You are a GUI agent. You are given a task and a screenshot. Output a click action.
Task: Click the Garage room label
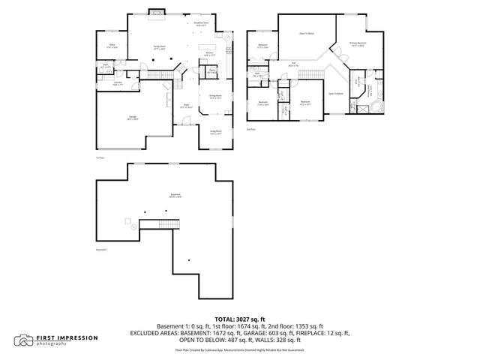[132, 118]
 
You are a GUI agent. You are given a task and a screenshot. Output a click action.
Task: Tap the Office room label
[112, 47]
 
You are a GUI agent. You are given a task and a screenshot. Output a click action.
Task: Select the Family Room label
[160, 47]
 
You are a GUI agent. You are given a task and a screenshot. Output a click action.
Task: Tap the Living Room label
[214, 133]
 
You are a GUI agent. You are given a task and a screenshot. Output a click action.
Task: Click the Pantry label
[213, 71]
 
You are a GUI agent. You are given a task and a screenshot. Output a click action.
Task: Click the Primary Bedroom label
[357, 44]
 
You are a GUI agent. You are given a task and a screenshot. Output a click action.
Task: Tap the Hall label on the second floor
[294, 64]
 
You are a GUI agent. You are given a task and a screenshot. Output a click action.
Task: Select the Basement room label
[175, 196]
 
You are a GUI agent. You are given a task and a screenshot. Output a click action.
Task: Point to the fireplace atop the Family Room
[159, 11]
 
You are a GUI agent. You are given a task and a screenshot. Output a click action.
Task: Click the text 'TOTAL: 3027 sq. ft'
[240, 319]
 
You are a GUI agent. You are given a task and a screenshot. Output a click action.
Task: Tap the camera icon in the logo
[25, 340]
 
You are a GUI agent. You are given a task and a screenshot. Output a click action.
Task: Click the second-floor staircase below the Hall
[313, 77]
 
